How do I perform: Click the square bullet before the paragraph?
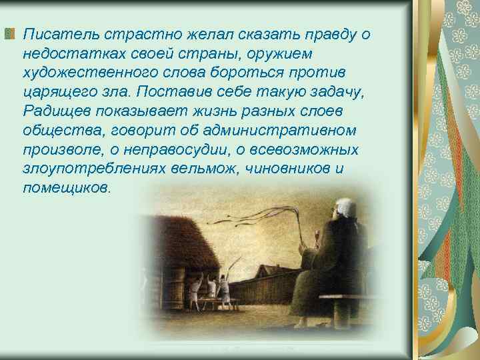point(9,34)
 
